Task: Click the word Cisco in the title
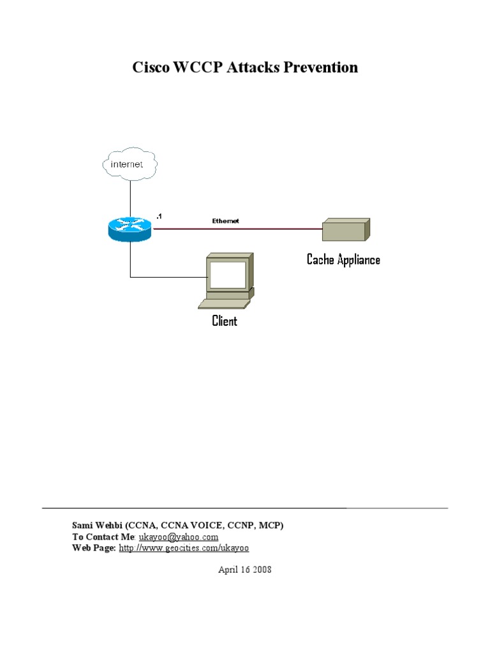[x=150, y=68]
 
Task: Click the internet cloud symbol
[x=130, y=164]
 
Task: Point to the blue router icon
[x=130, y=228]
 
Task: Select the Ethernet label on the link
[x=225, y=221]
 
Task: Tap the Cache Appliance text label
[x=343, y=259]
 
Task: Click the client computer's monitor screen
[x=228, y=275]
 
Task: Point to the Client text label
[x=225, y=321]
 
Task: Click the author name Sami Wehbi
[x=96, y=525]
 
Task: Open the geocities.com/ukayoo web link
[x=184, y=548]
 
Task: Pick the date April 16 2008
[x=245, y=569]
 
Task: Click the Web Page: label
[x=94, y=548]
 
